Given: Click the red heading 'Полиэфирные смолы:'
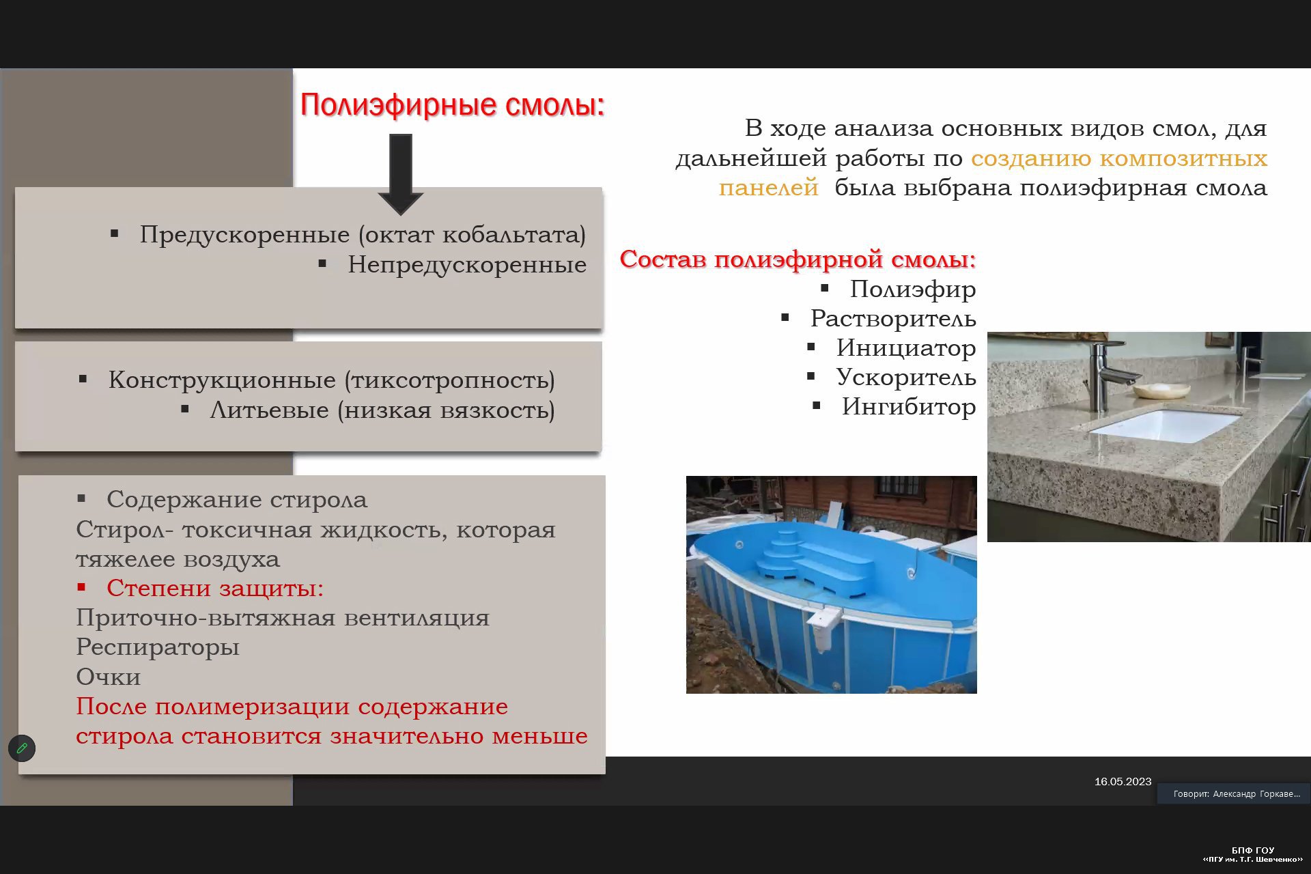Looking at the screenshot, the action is [x=453, y=105].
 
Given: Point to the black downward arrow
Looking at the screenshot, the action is [x=401, y=175].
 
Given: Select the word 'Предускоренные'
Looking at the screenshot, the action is [x=244, y=235].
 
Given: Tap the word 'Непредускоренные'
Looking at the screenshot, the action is [x=467, y=265].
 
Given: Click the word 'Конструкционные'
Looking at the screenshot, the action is [x=222, y=380].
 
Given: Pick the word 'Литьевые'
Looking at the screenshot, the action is [x=270, y=410].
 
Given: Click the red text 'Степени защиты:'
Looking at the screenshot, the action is [x=215, y=588].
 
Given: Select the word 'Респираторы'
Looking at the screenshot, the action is [x=158, y=647].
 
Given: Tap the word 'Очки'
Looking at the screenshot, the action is [x=109, y=677].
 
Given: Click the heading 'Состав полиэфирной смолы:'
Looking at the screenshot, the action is [x=798, y=259].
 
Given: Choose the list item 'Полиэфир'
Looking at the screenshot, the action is [x=913, y=290].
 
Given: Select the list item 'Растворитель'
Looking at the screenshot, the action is [x=893, y=319].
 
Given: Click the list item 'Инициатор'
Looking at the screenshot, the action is [x=906, y=348].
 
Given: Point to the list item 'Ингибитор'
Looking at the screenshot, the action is [x=909, y=407].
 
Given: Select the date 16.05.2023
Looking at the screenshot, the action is [x=1123, y=782].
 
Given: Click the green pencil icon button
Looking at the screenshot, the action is [x=22, y=748].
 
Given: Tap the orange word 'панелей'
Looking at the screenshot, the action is [x=768, y=188].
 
